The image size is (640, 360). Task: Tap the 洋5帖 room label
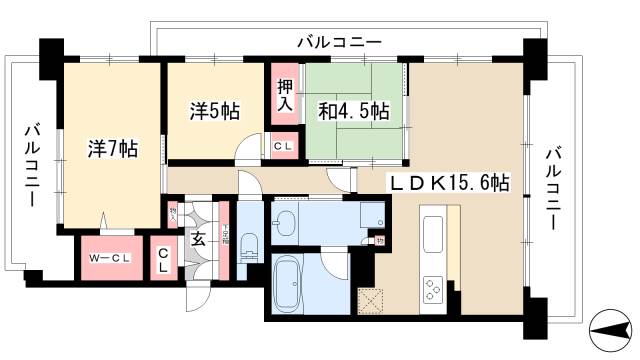pyautogui.click(x=214, y=112)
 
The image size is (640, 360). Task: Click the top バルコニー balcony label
pyautogui.click(x=340, y=43)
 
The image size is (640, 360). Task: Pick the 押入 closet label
pyautogui.click(x=283, y=95)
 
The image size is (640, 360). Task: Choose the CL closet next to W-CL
pyautogui.click(x=161, y=262)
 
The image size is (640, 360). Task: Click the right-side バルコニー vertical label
pyautogui.click(x=553, y=188)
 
